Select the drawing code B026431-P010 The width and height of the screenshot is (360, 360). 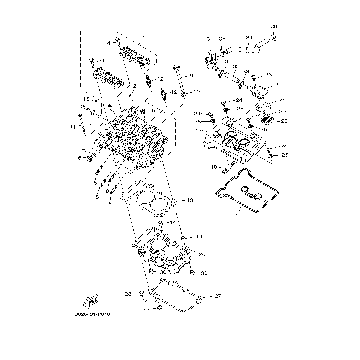[x=92, y=314]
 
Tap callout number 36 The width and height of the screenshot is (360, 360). [x=274, y=26]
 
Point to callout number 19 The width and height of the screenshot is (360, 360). [x=238, y=216]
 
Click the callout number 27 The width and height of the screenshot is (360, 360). [x=218, y=296]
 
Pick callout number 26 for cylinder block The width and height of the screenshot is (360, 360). [x=202, y=254]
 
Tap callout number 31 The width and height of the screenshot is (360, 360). [x=209, y=39]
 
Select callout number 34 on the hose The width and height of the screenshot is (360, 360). [x=249, y=38]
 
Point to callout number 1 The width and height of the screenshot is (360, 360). [x=143, y=34]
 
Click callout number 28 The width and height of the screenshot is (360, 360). [x=128, y=294]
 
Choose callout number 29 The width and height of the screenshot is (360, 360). [x=145, y=310]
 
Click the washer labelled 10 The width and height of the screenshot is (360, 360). [x=184, y=96]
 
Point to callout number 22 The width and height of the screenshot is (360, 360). [x=278, y=85]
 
